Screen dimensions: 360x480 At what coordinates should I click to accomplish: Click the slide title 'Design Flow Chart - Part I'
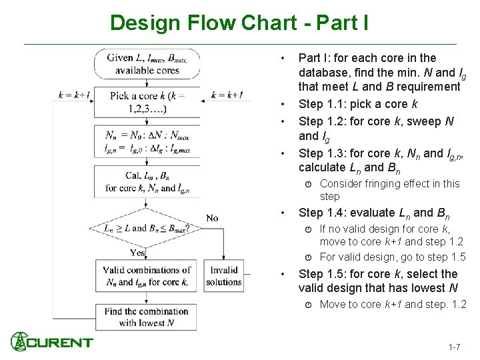click(x=239, y=23)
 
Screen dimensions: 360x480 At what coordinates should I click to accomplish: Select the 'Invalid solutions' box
click(x=224, y=277)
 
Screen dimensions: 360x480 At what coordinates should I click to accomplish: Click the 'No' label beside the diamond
click(x=212, y=218)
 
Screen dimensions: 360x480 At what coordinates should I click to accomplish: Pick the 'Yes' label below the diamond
click(x=138, y=253)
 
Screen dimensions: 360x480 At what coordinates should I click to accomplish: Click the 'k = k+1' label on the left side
click(x=73, y=95)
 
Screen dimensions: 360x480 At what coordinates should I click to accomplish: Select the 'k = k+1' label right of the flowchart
click(x=227, y=95)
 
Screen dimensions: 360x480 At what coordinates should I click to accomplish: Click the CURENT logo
click(x=51, y=342)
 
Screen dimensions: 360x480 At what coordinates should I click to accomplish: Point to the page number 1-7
click(x=455, y=347)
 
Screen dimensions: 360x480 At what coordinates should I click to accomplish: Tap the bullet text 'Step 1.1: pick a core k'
click(x=357, y=104)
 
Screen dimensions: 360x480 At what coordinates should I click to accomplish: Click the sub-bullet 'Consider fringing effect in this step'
click(x=389, y=190)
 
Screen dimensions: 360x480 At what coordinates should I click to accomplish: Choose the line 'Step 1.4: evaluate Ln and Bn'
click(x=374, y=213)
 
